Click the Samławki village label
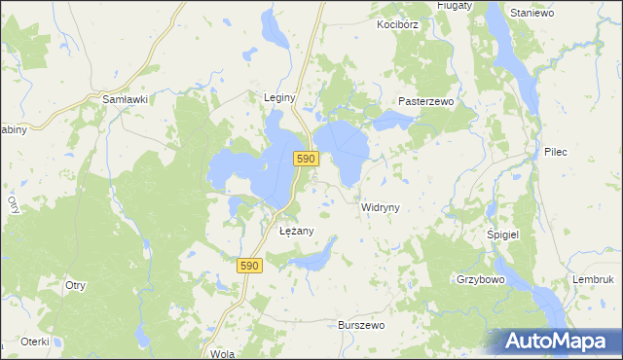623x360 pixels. [x=125, y=99]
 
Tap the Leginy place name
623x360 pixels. [x=279, y=97]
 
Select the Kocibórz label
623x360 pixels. [x=398, y=23]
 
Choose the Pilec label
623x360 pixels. [x=556, y=152]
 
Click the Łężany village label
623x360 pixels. [x=296, y=231]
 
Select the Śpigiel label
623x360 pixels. [x=504, y=235]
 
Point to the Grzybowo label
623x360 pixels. [x=479, y=278]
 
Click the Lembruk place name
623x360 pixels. [x=593, y=279]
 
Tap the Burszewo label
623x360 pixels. [x=363, y=325]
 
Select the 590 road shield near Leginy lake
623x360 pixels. [x=307, y=159]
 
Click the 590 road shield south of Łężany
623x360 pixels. [x=250, y=266]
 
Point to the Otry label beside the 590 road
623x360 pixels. [x=76, y=285]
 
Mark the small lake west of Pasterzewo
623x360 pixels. [x=391, y=120]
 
